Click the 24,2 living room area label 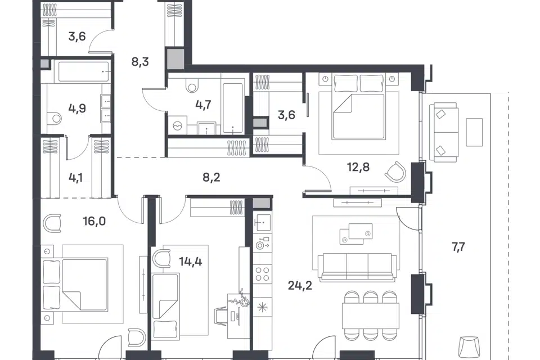[x=300, y=286]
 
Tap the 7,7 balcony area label [x=458, y=247]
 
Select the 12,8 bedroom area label [x=358, y=168]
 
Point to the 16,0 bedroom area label [x=94, y=221]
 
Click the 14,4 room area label [x=191, y=262]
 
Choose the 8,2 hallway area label [x=211, y=177]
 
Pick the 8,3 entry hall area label [x=140, y=62]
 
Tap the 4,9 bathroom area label [x=77, y=109]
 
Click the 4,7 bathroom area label [x=203, y=105]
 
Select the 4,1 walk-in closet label [x=75, y=178]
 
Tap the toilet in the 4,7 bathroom [x=191, y=85]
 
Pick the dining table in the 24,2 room [x=370, y=316]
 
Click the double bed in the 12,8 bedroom [x=358, y=107]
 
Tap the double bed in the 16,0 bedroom [x=75, y=285]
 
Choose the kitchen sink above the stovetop [x=262, y=223]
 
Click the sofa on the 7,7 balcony [x=444, y=132]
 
